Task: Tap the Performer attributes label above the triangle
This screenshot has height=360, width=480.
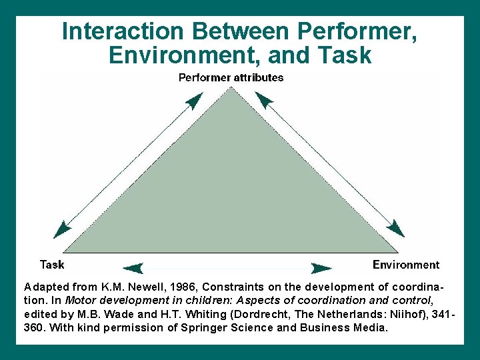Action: pyautogui.click(x=231, y=77)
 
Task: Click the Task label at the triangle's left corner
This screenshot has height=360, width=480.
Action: pyautogui.click(x=52, y=265)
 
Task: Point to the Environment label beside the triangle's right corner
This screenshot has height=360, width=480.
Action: pyautogui.click(x=406, y=265)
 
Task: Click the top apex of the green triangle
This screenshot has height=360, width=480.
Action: pyautogui.click(x=231, y=89)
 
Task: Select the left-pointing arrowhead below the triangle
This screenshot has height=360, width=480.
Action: pyautogui.click(x=134, y=268)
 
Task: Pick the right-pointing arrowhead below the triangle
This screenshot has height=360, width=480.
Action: pyautogui.click(x=322, y=268)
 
